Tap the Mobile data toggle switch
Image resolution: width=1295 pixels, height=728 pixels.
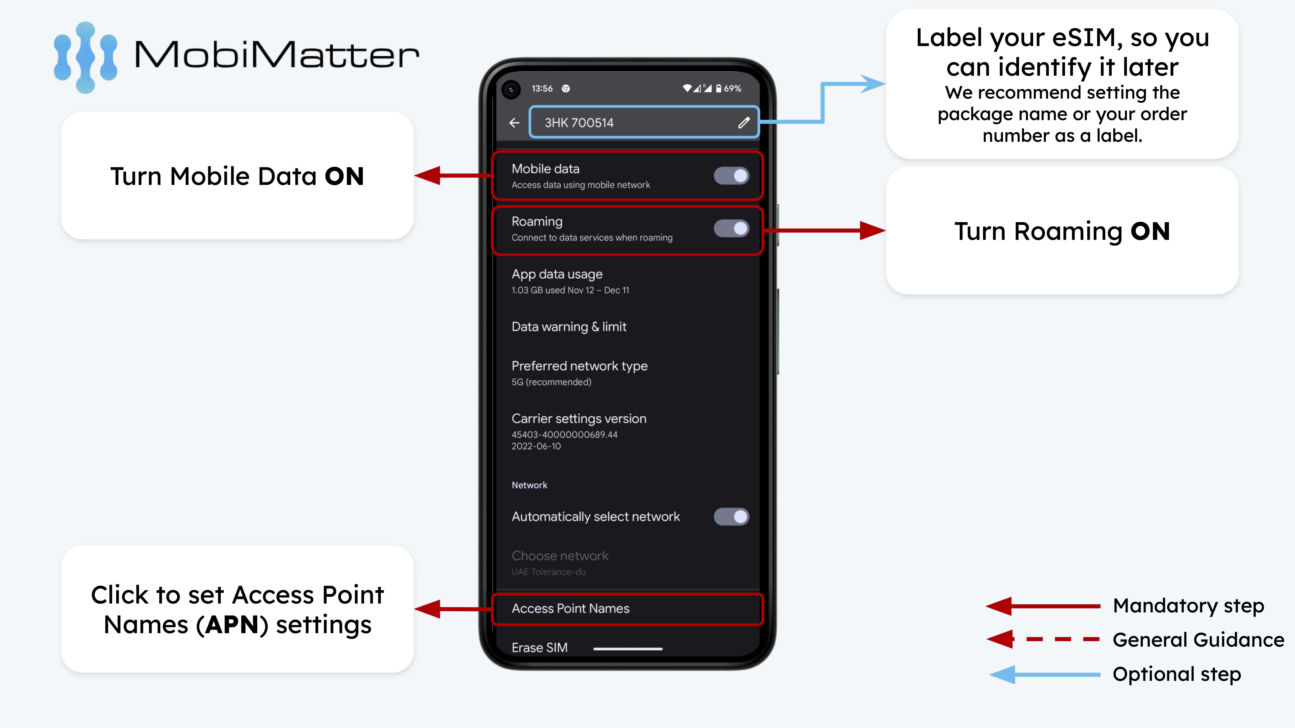pos(731,176)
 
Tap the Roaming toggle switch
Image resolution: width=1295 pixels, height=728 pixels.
pos(731,229)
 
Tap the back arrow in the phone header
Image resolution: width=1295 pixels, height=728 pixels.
pos(514,123)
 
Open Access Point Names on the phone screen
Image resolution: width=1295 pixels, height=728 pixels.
pos(571,608)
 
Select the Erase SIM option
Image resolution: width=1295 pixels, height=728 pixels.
pos(539,648)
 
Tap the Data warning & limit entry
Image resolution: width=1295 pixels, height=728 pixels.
pos(569,327)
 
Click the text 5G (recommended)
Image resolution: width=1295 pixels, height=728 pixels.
pos(552,382)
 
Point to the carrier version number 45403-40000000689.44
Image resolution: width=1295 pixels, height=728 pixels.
pos(564,435)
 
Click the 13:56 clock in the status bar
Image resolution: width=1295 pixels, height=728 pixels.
pos(542,88)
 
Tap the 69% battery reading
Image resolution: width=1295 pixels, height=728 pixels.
pos(733,88)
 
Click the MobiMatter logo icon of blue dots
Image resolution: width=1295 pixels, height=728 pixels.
pos(85,57)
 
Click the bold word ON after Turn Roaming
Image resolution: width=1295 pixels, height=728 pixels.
pos(1150,232)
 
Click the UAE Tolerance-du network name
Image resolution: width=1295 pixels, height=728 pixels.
pos(548,572)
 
